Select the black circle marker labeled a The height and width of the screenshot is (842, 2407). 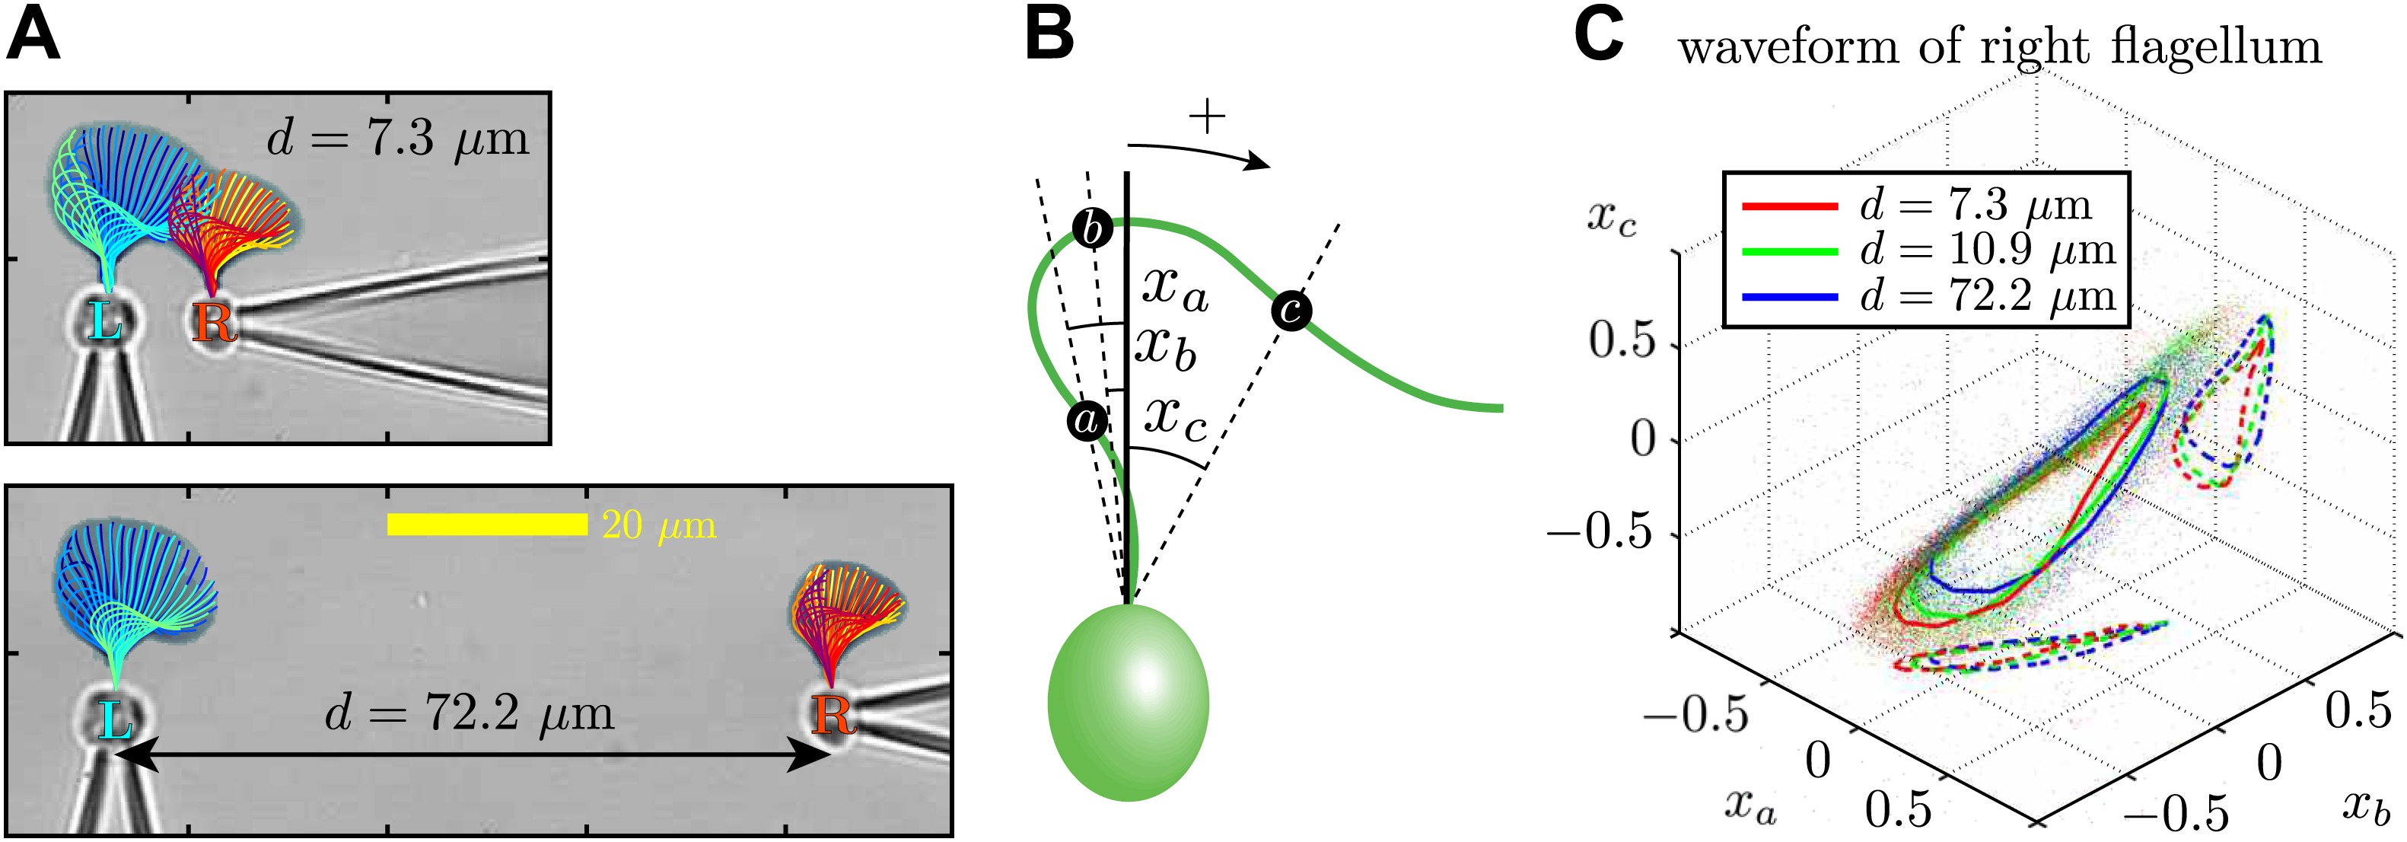click(1087, 420)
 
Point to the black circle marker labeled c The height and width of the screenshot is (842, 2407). click(1291, 309)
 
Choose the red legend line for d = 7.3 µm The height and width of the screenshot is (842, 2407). click(1788, 206)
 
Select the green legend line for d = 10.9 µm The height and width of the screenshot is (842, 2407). click(1788, 250)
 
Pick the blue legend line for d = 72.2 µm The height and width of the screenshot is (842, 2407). click(1788, 296)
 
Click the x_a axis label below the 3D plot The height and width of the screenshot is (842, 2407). click(1750, 805)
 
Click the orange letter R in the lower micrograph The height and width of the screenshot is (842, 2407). click(833, 715)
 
